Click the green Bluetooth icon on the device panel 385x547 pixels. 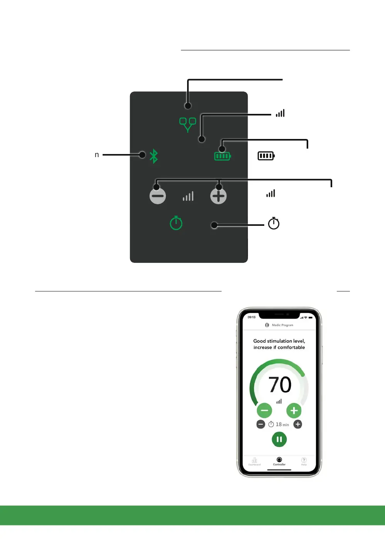pyautogui.click(x=154, y=156)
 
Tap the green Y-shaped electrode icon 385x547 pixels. pyautogui.click(x=188, y=124)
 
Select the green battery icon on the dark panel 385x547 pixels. pyautogui.click(x=222, y=156)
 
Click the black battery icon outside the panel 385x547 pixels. pyautogui.click(x=266, y=156)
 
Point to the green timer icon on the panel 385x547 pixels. pyautogui.click(x=176, y=223)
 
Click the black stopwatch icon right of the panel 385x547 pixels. pyautogui.click(x=274, y=223)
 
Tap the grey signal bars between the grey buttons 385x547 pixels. pyautogui.click(x=188, y=196)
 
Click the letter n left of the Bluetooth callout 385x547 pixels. pyautogui.click(x=97, y=155)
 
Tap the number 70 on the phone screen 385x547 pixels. pyautogui.click(x=280, y=384)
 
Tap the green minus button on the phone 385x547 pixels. pyautogui.click(x=264, y=410)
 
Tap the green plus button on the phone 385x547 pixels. pyautogui.click(x=294, y=410)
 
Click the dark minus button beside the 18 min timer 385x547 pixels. pyautogui.click(x=261, y=424)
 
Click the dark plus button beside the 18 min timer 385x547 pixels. pyautogui.click(x=298, y=424)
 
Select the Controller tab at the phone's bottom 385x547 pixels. pyautogui.click(x=279, y=461)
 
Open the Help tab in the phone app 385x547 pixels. pyautogui.click(x=304, y=461)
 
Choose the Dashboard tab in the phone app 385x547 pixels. pyautogui.click(x=255, y=461)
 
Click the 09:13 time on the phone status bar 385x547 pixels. pyautogui.click(x=252, y=317)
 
